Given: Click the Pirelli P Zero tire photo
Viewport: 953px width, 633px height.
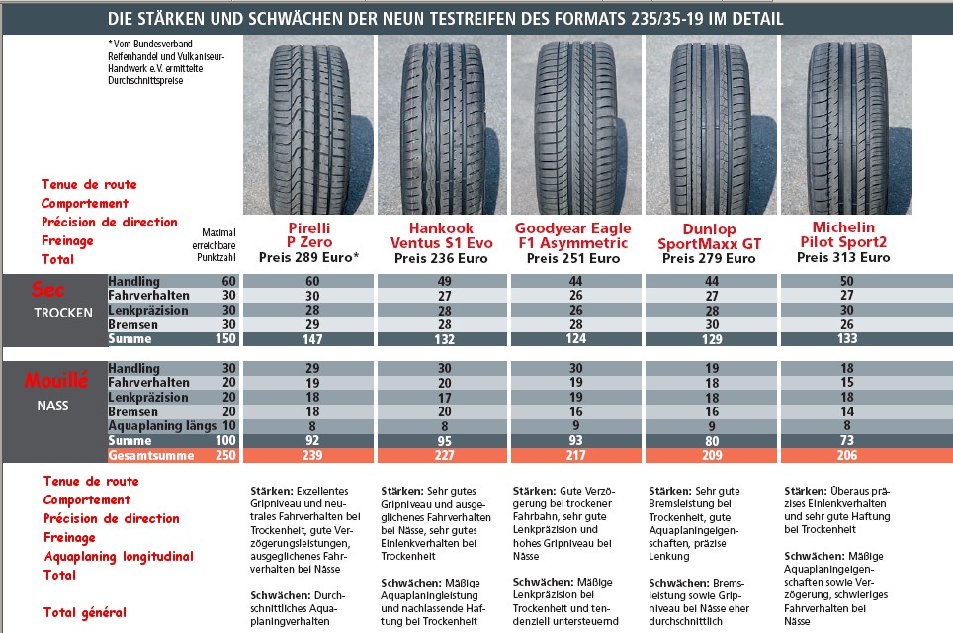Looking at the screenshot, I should [x=308, y=124].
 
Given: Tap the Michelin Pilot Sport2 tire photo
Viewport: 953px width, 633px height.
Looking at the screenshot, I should [x=846, y=124].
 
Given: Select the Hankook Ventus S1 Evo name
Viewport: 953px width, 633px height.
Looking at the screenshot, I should [x=443, y=236].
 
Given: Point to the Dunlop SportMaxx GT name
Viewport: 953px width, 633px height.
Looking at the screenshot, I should [x=709, y=237].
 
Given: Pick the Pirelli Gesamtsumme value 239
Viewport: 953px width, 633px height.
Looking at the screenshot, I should [x=307, y=455].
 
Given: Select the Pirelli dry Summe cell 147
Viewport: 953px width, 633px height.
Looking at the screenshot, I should [x=307, y=339].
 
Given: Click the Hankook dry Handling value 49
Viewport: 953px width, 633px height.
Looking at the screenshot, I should [x=443, y=282].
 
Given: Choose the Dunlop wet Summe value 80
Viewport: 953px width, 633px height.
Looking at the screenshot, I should [x=710, y=440].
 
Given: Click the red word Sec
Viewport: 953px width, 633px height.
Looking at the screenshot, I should [x=48, y=290].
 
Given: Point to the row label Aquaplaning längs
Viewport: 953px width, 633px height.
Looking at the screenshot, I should [x=161, y=425].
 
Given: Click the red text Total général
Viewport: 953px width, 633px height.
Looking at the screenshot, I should [x=84, y=612].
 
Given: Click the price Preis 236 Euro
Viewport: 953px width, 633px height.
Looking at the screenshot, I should [x=443, y=258].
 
